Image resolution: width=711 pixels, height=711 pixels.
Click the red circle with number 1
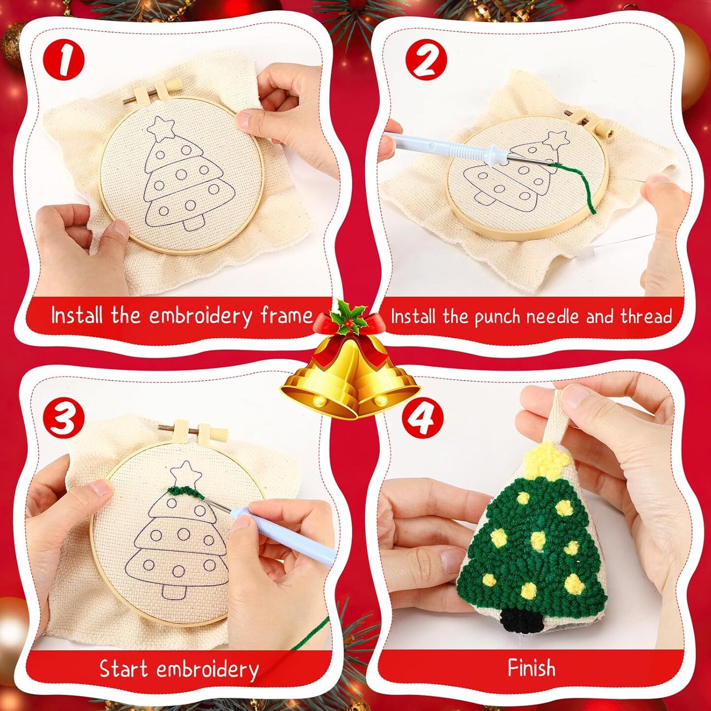pos(64,61)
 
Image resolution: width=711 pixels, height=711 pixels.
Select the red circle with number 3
pos(64,420)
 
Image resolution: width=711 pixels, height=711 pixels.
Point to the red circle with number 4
pos(423,420)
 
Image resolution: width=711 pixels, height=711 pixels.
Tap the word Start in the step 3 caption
pos(123,668)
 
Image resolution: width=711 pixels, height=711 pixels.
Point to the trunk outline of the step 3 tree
pos(173,591)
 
